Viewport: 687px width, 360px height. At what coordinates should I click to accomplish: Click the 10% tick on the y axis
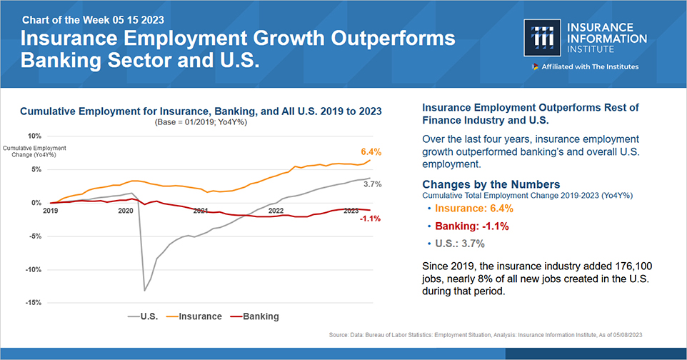coord(34,136)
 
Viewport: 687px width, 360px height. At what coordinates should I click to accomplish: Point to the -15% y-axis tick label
coord(32,303)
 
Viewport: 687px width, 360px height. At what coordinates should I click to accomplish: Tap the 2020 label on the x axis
coord(126,211)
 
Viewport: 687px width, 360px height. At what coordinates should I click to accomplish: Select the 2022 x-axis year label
coord(276,211)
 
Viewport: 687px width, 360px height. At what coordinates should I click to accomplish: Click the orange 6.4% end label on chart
coord(371,151)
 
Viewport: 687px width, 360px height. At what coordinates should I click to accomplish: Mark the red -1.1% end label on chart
coord(370,219)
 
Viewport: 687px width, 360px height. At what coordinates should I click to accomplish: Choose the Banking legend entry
coord(261,316)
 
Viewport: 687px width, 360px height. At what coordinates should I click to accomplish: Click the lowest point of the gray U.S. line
coord(144,290)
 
